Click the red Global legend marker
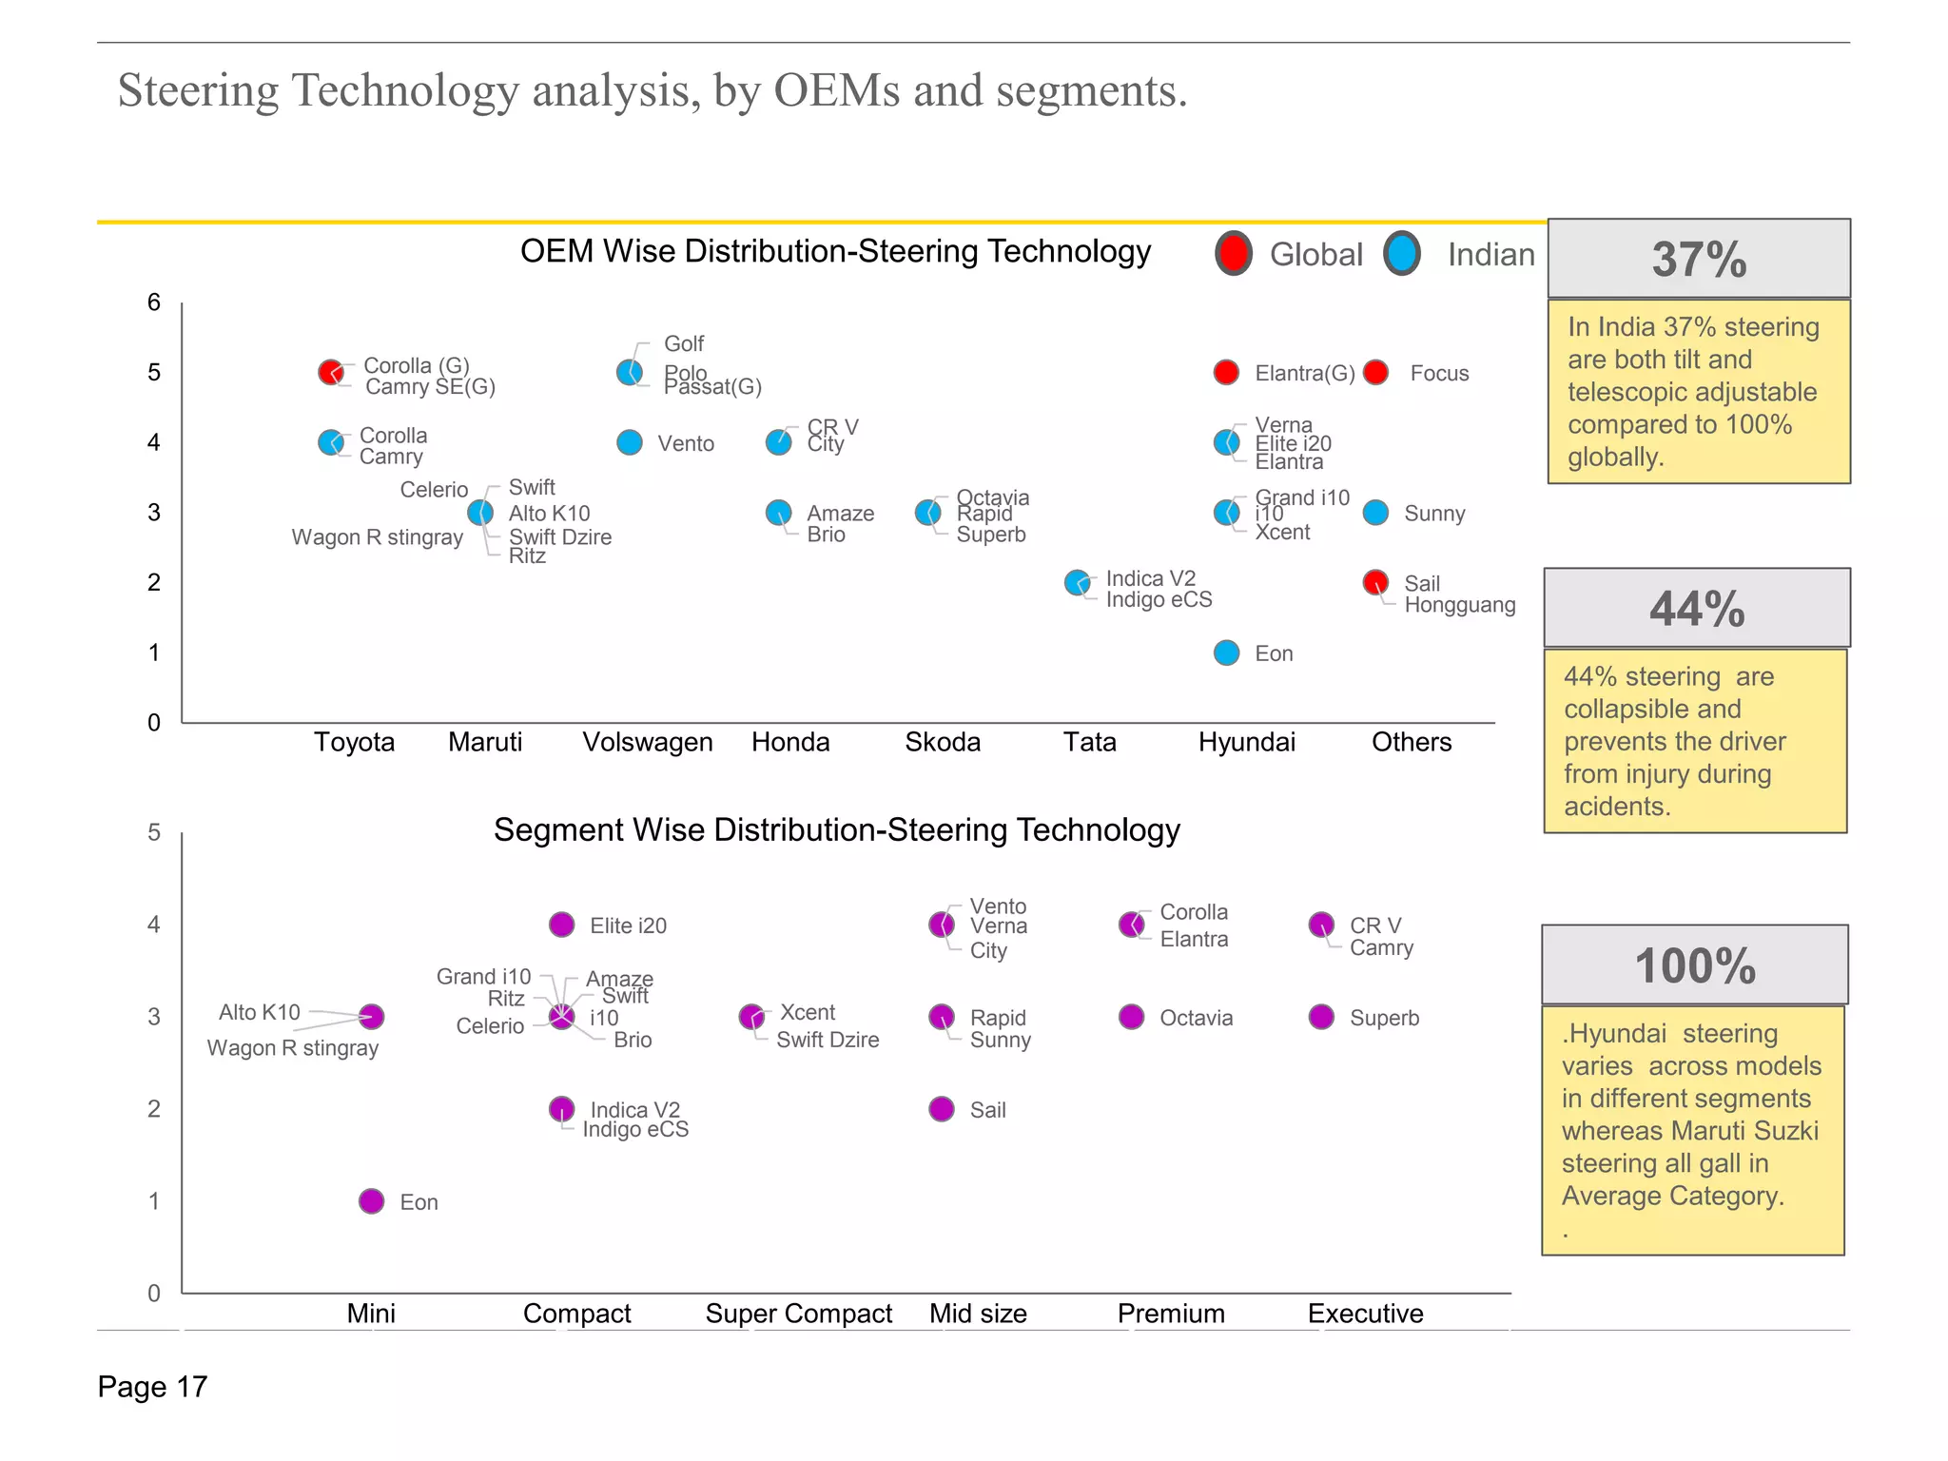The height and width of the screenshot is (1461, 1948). (1234, 254)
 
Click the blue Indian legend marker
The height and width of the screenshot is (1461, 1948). (1402, 254)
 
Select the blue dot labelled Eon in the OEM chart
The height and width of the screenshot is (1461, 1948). (1227, 653)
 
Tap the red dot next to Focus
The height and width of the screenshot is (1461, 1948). (1375, 373)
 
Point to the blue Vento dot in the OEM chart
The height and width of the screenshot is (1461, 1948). (630, 442)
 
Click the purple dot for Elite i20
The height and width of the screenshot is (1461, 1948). (562, 925)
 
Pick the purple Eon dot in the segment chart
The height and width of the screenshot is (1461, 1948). (372, 1201)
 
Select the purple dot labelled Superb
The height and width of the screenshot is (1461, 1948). (1321, 1017)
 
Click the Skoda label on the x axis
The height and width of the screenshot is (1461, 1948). (943, 742)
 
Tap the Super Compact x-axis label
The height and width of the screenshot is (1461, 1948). (798, 1314)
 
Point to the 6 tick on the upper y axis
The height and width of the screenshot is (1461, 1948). (154, 302)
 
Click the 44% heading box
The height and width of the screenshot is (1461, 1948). (1696, 609)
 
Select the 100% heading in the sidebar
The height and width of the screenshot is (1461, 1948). (1694, 965)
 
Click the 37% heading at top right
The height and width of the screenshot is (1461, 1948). (1699, 259)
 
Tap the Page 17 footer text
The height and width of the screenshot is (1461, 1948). (152, 1387)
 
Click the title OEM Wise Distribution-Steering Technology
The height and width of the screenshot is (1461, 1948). (835, 251)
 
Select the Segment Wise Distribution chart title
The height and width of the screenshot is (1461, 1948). (836, 829)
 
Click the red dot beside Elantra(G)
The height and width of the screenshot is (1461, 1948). (1227, 373)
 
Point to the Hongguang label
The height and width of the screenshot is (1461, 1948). (1459, 605)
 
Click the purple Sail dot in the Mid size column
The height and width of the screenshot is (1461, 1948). (942, 1109)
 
